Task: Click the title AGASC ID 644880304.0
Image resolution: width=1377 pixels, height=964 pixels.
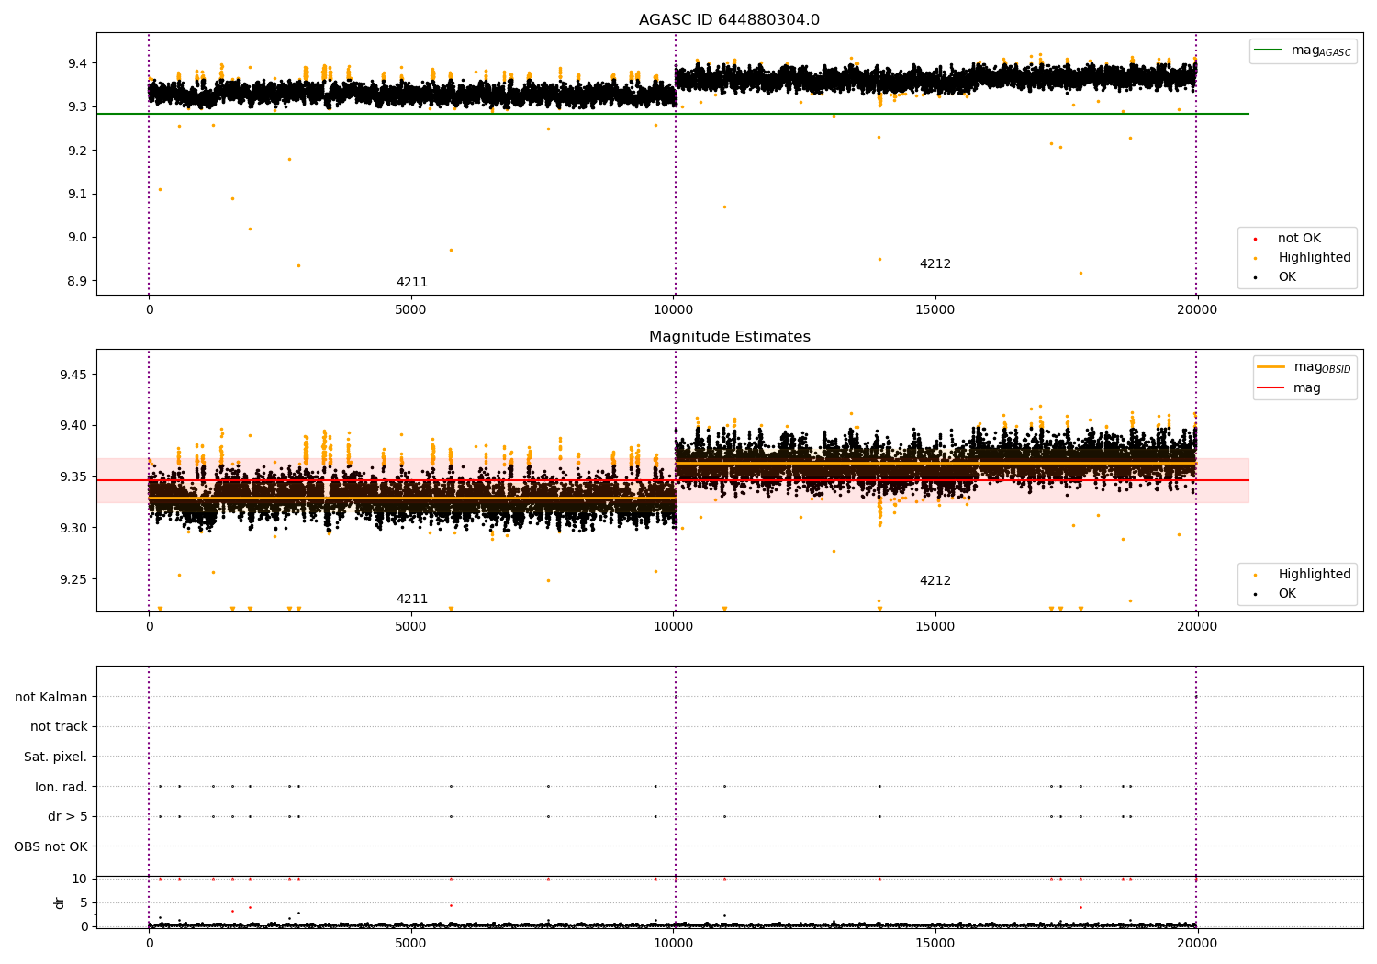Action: click(729, 20)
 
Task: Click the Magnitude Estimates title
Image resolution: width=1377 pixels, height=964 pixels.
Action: click(729, 337)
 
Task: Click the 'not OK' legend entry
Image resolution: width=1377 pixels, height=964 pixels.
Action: click(1299, 239)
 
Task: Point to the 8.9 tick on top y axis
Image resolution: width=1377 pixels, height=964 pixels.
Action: click(78, 281)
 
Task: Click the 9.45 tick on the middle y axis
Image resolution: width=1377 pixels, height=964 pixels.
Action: click(74, 375)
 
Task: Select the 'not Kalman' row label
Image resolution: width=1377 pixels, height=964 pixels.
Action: click(51, 697)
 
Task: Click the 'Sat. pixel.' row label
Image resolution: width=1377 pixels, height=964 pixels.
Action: click(56, 757)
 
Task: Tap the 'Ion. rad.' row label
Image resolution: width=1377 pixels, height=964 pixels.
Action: click(62, 787)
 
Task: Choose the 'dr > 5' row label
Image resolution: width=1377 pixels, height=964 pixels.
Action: click(68, 816)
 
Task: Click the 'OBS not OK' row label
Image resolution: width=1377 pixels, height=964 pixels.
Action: click(51, 846)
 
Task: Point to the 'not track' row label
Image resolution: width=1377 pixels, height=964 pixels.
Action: click(59, 727)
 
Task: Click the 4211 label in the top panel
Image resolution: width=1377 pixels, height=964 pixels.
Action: click(411, 282)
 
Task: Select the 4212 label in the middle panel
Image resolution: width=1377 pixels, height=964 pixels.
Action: click(935, 580)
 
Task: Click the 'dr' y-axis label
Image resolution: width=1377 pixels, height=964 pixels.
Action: click(60, 902)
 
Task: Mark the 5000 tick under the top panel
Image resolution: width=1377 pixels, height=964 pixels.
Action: click(410, 310)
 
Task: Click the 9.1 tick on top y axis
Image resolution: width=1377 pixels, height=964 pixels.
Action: click(78, 194)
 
